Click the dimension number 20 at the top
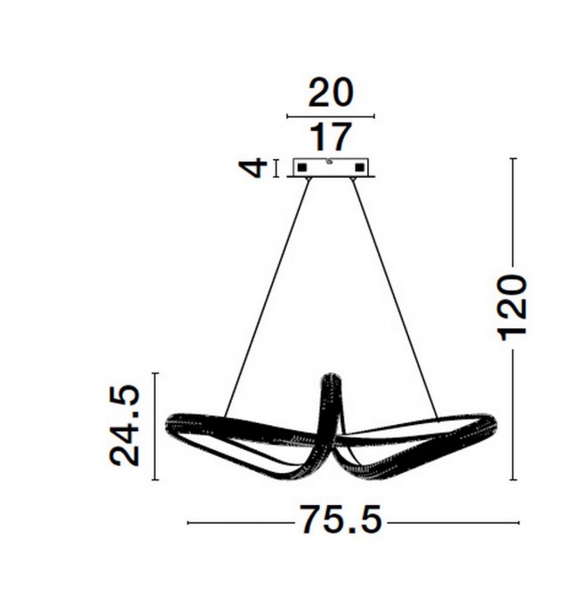[x=331, y=92]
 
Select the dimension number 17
[x=331, y=137]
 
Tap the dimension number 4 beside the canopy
[x=253, y=168]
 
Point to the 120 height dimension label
[x=512, y=307]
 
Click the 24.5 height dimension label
[x=124, y=425]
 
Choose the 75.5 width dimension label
[x=341, y=519]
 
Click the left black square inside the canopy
[x=301, y=168]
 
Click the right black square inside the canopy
[x=359, y=168]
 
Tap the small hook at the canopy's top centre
[x=329, y=162]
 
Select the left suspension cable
[x=267, y=298]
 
